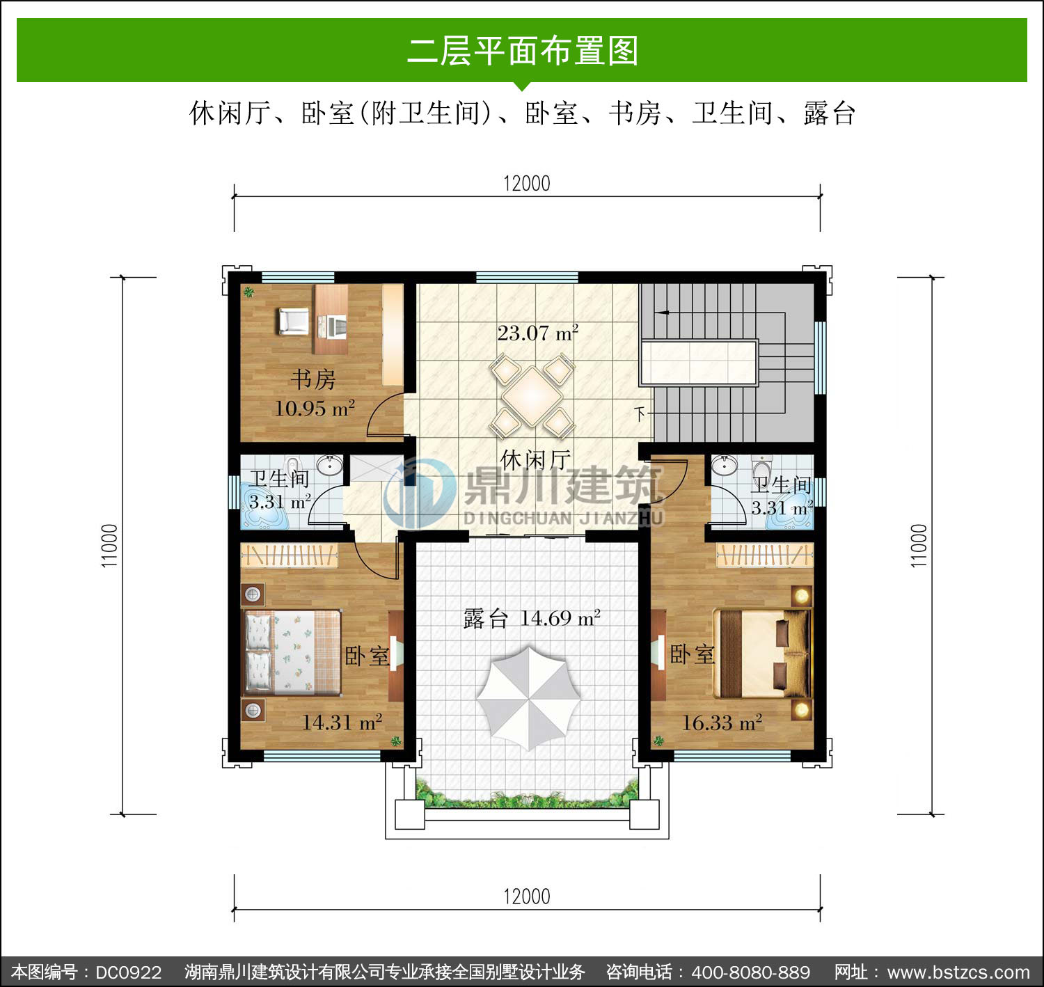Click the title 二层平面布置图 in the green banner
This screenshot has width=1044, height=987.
pyautogui.click(x=523, y=51)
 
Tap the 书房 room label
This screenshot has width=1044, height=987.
pyautogui.click(x=313, y=379)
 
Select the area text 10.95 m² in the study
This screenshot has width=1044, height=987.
pyautogui.click(x=315, y=408)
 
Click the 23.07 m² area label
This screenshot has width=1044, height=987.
pyautogui.click(x=537, y=333)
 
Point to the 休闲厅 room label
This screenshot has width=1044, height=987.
pyautogui.click(x=535, y=459)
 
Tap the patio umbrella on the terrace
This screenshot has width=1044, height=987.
pyautogui.click(x=528, y=698)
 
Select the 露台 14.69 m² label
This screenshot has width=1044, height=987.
pyautogui.click(x=532, y=618)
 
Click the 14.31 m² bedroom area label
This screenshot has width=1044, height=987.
pyautogui.click(x=342, y=722)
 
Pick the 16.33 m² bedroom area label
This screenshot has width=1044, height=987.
pyautogui.click(x=722, y=723)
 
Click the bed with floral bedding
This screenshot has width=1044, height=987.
pyautogui.click(x=292, y=652)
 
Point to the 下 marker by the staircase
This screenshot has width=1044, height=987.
pyautogui.click(x=640, y=414)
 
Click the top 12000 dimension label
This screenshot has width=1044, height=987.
pyautogui.click(x=527, y=184)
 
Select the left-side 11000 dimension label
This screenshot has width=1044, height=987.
pyautogui.click(x=109, y=546)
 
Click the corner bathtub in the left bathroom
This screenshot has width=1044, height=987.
pyautogui.click(x=264, y=505)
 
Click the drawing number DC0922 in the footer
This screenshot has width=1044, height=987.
pyautogui.click(x=129, y=972)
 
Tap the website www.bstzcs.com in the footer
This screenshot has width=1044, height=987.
pyautogui.click(x=958, y=972)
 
